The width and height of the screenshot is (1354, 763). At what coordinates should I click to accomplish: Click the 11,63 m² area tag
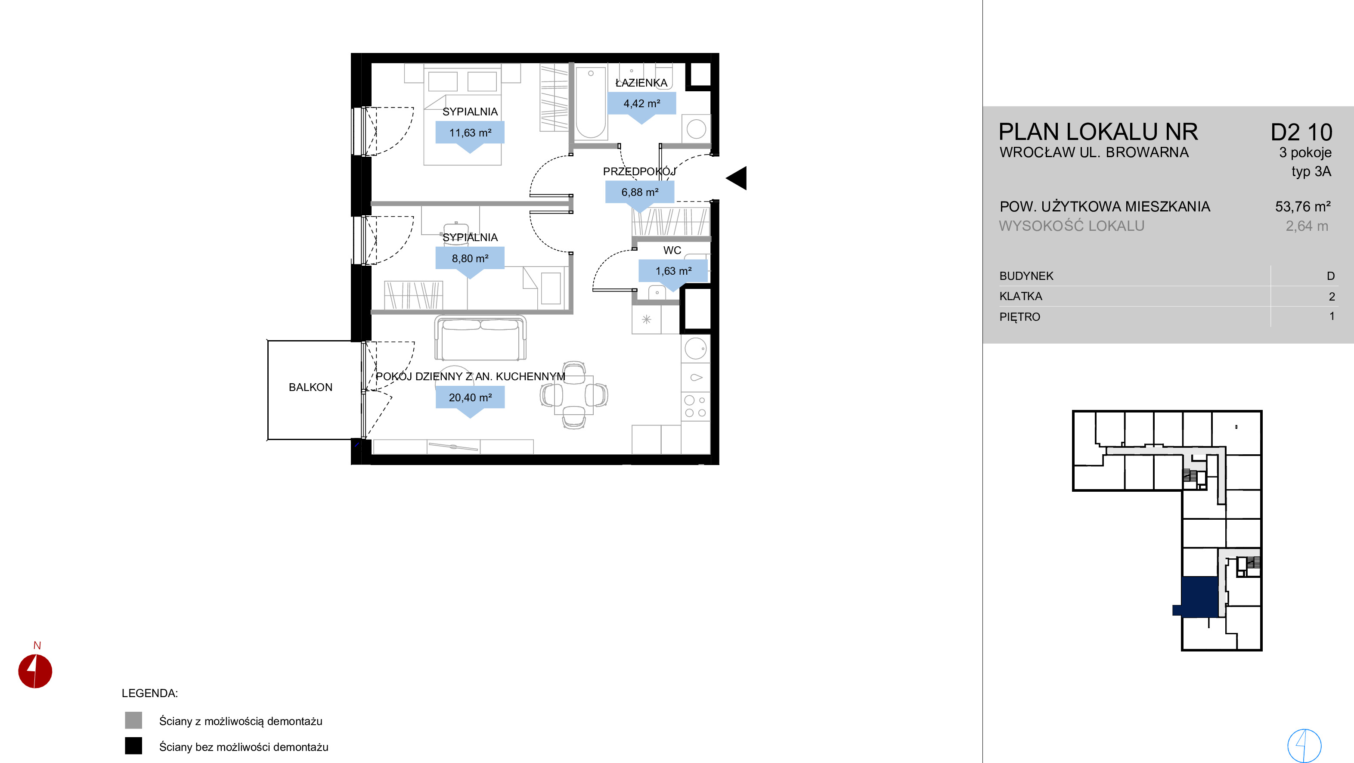coord(470,133)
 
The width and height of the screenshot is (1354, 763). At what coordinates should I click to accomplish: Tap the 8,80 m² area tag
coord(470,259)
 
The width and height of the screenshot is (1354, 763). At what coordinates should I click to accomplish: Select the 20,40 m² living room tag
coord(470,398)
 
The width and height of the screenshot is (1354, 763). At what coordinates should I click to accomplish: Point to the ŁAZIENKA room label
coord(641,83)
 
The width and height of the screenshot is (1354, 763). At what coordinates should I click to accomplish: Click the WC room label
coord(672,250)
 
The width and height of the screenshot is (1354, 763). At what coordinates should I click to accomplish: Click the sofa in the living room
coord(480,338)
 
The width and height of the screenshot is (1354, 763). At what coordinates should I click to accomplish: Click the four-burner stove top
coord(695,406)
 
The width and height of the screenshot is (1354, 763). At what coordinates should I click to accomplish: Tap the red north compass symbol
coord(35,671)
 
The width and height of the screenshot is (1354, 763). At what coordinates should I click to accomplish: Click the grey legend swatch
coord(133,720)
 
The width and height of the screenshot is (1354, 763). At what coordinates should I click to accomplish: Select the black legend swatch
coord(133,746)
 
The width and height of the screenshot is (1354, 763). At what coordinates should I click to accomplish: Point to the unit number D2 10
coord(1301,132)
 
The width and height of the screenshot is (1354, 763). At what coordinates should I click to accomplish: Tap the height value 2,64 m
coord(1307,226)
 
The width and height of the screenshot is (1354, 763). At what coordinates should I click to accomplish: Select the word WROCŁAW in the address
coord(1035,152)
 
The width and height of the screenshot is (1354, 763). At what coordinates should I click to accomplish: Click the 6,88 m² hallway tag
coord(640,192)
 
